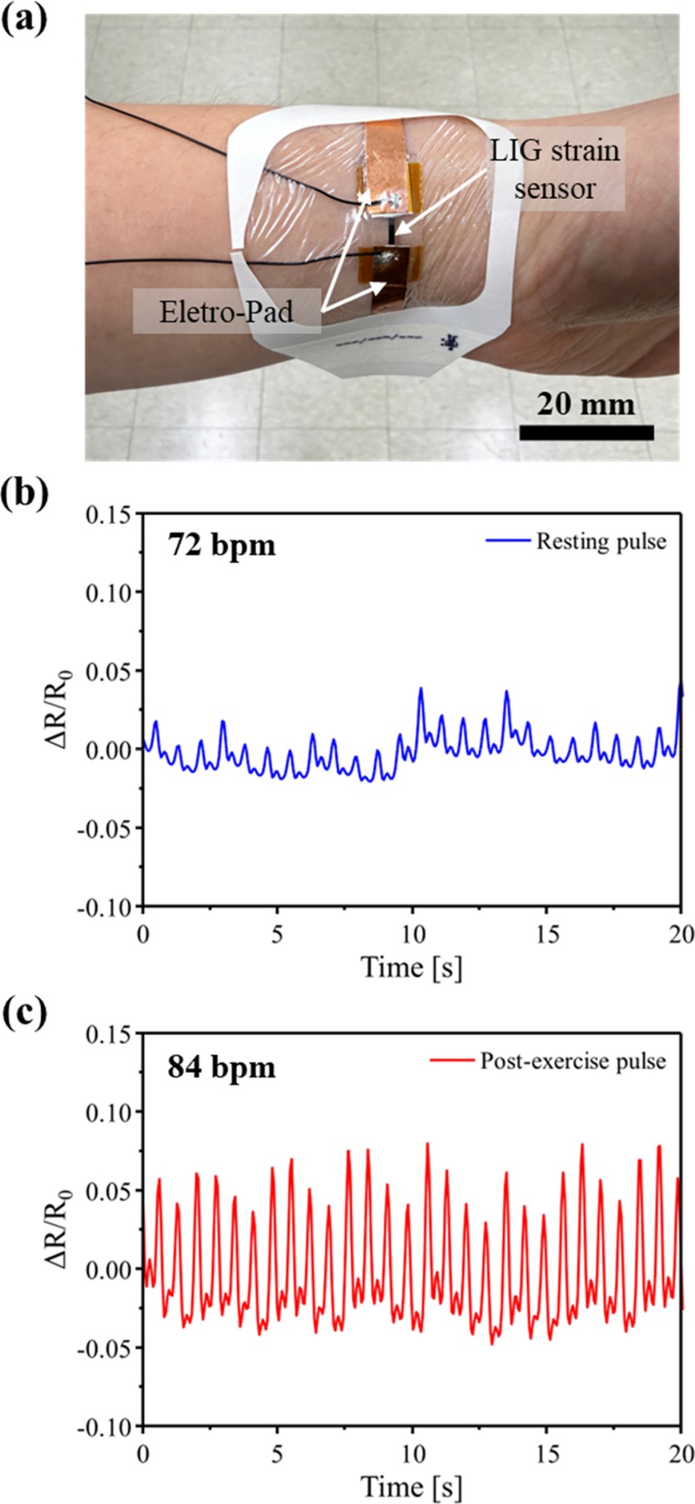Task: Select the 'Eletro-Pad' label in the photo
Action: click(x=227, y=312)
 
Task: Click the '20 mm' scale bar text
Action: click(x=586, y=405)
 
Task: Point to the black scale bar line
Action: click(x=586, y=432)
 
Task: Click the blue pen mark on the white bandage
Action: click(x=450, y=341)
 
